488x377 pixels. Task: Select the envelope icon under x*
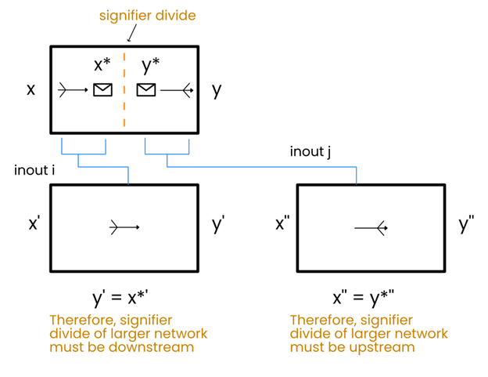pyautogui.click(x=102, y=90)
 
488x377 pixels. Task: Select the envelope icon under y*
pyautogui.click(x=146, y=90)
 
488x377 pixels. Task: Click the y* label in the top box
pyautogui.click(x=151, y=65)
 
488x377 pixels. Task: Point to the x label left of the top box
pyautogui.click(x=31, y=89)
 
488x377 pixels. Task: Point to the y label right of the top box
pyautogui.click(x=217, y=89)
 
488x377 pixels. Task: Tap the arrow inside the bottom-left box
pyautogui.click(x=125, y=227)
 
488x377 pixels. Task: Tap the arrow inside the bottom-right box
pyautogui.click(x=371, y=228)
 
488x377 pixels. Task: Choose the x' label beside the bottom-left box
pyautogui.click(x=34, y=224)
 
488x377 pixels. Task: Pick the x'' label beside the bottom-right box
pyautogui.click(x=282, y=224)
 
